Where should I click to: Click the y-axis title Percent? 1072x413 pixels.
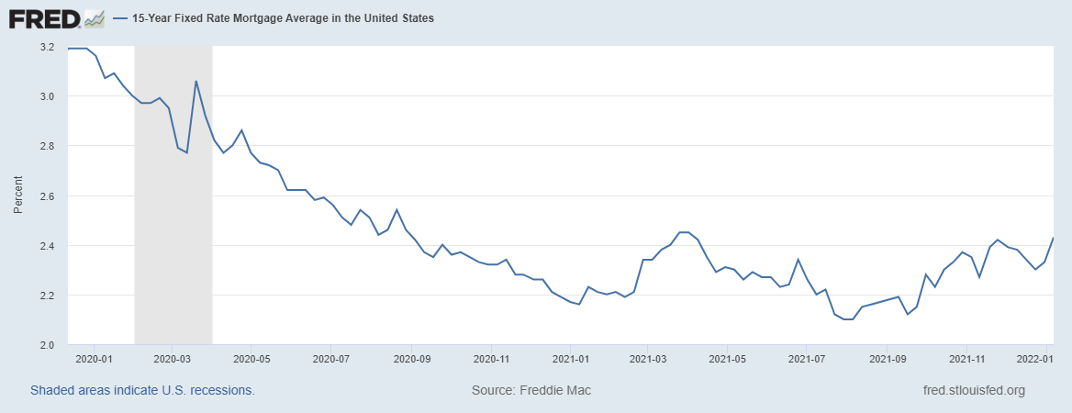point(18,196)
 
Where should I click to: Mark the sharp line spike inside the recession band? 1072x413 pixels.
point(195,82)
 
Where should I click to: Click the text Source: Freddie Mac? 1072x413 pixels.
point(531,391)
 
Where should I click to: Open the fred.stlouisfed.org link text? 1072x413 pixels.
point(973,391)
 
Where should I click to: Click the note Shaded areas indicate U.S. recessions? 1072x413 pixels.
point(142,391)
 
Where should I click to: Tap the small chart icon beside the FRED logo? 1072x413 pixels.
point(94,18)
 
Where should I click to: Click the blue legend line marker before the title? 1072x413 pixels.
point(121,18)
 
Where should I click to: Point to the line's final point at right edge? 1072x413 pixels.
point(1053,239)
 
